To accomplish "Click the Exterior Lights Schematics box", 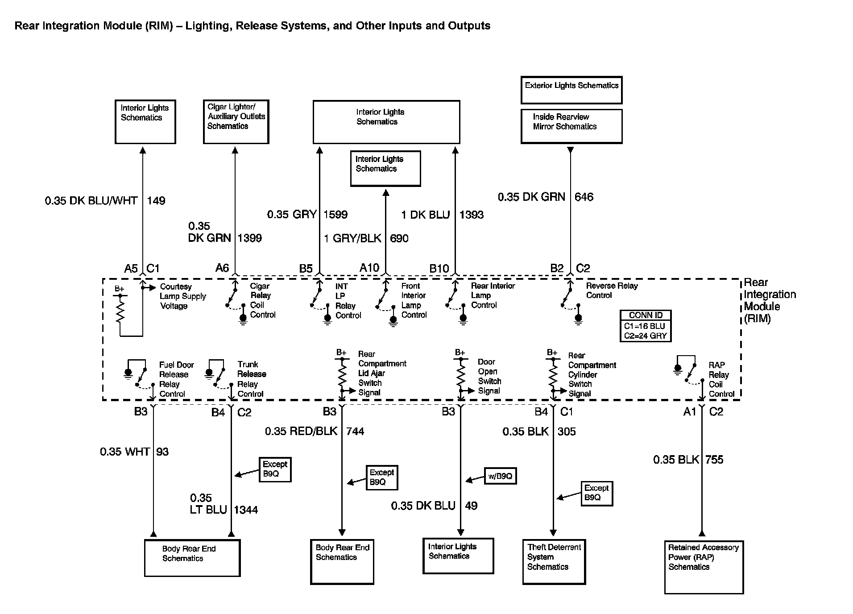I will [x=571, y=90].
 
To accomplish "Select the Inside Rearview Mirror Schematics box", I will [x=571, y=126].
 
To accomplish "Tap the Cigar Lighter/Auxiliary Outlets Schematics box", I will [x=236, y=122].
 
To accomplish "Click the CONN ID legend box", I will [x=646, y=326].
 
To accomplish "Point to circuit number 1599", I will [x=335, y=215].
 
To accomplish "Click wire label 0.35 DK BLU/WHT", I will [x=91, y=201].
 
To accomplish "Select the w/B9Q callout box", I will [x=500, y=476].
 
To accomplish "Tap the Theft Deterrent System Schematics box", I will [x=554, y=562].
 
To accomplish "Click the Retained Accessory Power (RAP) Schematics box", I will [x=704, y=567].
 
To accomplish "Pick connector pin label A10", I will [x=369, y=268].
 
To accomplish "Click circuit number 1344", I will [x=246, y=510].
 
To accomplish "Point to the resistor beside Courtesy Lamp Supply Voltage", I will [x=120, y=311].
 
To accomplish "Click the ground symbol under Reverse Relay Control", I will [x=578, y=319].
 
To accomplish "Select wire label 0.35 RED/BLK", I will [x=301, y=431].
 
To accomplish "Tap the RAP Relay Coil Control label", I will [x=721, y=379].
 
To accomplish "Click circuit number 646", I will [x=584, y=197].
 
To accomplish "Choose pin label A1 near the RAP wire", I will [x=689, y=412].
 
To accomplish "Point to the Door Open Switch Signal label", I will [x=489, y=376].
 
